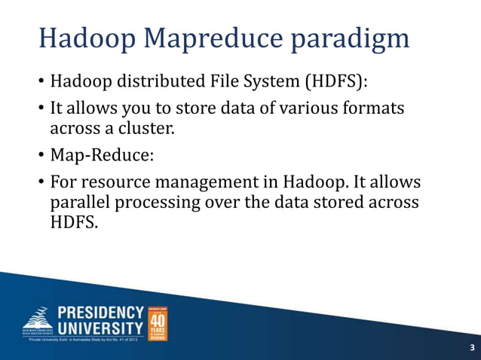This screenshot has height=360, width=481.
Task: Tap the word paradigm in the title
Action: [x=351, y=38]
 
